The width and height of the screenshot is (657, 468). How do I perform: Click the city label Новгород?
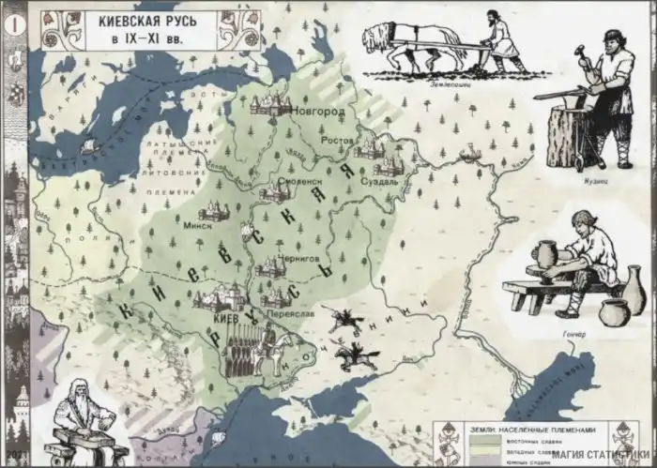318,111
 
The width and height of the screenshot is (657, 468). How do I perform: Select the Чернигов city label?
300,255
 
